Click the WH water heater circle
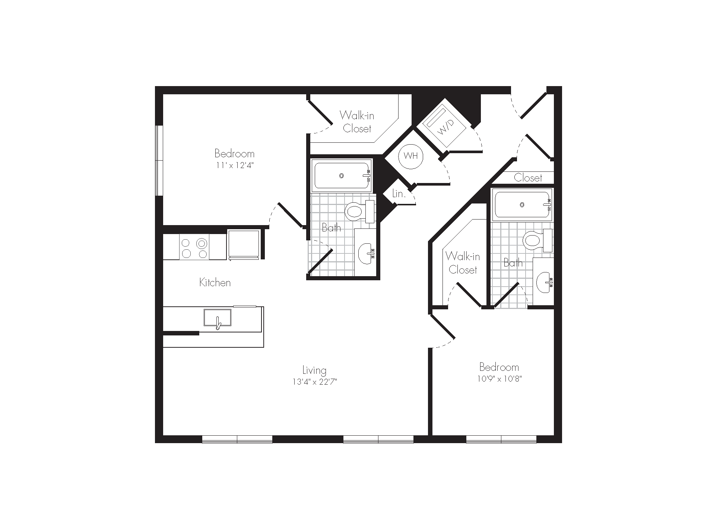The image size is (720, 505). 410,156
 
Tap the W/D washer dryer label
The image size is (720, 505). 444,127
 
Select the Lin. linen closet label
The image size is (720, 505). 399,194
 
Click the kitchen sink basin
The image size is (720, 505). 217,318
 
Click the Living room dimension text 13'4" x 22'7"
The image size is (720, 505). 315,382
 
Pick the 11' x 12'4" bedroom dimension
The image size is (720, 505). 235,165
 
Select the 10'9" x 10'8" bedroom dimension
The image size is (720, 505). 499,379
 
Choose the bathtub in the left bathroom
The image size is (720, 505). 342,176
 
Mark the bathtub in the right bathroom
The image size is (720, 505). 522,204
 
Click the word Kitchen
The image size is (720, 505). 215,283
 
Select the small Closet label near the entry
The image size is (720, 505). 528,178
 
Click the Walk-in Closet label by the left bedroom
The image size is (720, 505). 357,122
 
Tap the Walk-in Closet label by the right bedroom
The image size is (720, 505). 463,263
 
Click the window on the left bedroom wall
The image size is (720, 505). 159,160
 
